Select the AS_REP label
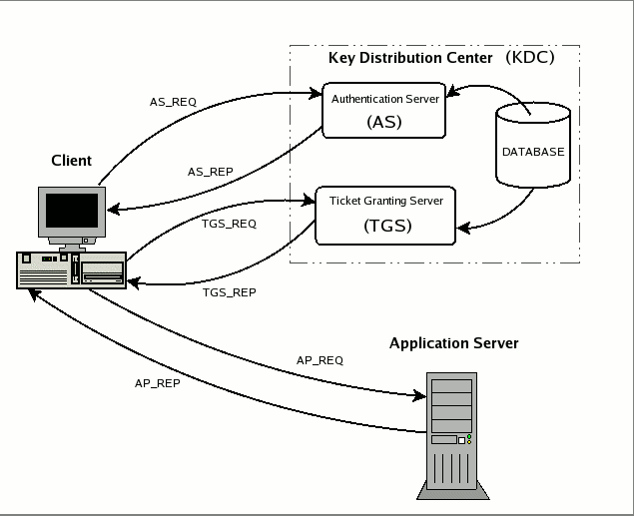click(x=210, y=172)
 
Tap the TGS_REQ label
click(x=229, y=224)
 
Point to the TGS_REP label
click(x=229, y=292)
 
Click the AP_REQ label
click(x=319, y=359)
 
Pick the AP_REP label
click(x=158, y=383)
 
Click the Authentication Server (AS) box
click(x=383, y=111)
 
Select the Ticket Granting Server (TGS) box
click(x=385, y=215)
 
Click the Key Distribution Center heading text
click(x=410, y=57)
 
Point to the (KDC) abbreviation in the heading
click(x=529, y=57)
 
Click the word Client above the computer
click(x=71, y=160)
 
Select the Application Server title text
click(x=453, y=343)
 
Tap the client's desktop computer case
click(x=71, y=269)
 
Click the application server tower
click(x=450, y=434)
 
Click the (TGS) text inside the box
click(x=385, y=226)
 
